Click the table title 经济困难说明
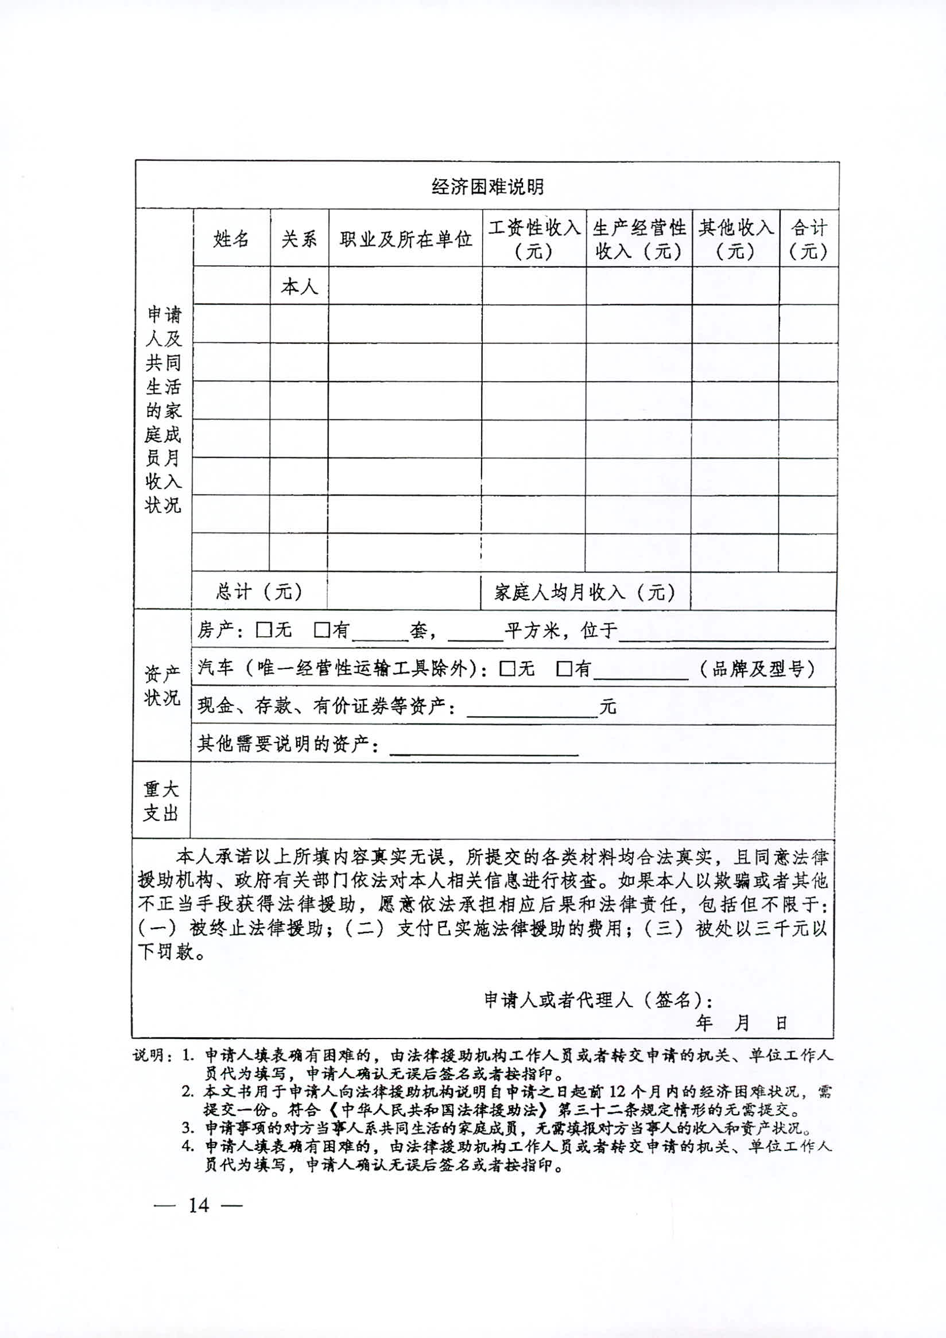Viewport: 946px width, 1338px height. [487, 186]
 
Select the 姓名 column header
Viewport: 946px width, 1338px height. [231, 238]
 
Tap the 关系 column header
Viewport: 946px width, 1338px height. [299, 238]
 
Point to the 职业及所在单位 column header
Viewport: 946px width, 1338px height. [406, 238]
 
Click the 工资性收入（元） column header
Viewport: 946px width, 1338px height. [534, 238]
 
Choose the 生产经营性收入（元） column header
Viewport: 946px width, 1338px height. [639, 238]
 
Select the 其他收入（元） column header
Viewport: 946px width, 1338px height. [735, 238]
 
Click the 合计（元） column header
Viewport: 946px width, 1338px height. [808, 238]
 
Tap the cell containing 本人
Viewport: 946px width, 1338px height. [299, 286]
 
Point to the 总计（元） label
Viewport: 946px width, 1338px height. [259, 592]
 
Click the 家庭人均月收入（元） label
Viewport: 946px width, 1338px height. [584, 593]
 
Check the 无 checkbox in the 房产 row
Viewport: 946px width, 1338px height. [265, 630]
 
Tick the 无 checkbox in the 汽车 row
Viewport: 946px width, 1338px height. [507, 668]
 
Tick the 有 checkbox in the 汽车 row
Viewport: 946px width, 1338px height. [564, 668]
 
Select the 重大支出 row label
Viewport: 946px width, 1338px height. [161, 802]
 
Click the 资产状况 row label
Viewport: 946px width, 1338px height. [162, 686]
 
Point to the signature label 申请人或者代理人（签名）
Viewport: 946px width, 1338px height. [598, 1000]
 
